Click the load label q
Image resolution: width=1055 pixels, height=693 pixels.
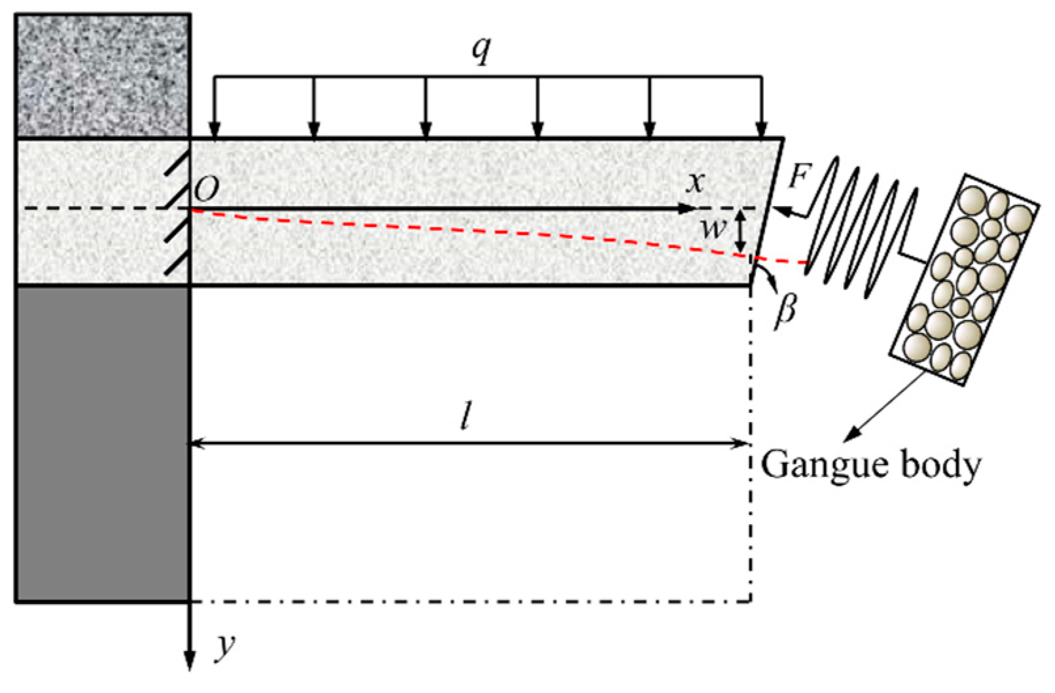click(x=482, y=50)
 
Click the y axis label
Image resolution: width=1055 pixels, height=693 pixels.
click(x=226, y=645)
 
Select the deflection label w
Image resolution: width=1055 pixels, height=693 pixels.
click(x=713, y=228)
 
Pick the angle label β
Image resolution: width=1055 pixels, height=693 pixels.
click(x=785, y=309)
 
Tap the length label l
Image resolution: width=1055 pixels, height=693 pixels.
click(x=465, y=415)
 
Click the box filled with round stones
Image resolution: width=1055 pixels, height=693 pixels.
click(x=964, y=279)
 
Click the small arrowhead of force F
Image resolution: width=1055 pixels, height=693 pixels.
click(x=780, y=211)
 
